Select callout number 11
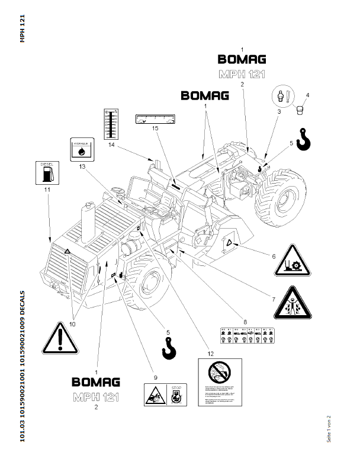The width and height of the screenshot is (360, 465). pyautogui.click(x=46, y=190)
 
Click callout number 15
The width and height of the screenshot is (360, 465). pyautogui.click(x=155, y=129)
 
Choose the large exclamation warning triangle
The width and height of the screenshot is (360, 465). pyautogui.click(x=61, y=338)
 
